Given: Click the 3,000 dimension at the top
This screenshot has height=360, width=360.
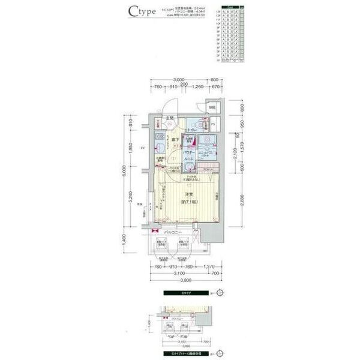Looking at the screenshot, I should [178, 80].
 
